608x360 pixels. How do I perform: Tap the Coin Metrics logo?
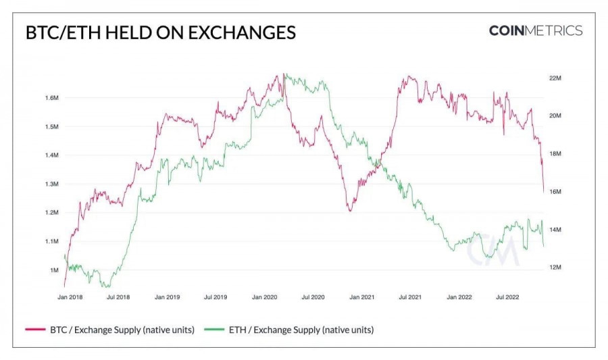[535, 30]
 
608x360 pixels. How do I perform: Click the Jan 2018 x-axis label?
[71, 297]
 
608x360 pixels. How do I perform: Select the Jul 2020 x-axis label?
[314, 297]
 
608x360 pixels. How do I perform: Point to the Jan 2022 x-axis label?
[460, 297]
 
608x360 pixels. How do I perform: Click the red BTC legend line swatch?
[35, 330]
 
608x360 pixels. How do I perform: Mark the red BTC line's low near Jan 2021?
[350, 211]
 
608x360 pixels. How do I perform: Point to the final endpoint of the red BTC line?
[544, 192]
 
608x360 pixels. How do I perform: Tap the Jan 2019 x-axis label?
[168, 297]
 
